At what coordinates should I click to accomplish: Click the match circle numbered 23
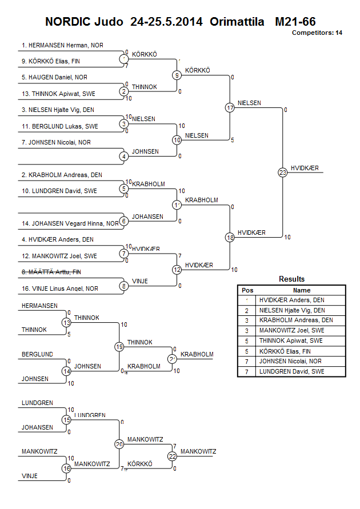point(282,172)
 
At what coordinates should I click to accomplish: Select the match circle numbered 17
point(230,107)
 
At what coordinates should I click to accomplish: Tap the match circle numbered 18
point(230,237)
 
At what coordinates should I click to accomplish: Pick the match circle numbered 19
point(119,346)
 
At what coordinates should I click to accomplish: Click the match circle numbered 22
point(172,456)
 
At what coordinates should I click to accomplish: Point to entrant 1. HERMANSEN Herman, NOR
point(63,45)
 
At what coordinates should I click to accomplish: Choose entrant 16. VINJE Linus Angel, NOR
point(60,289)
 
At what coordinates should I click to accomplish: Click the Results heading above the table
point(291,279)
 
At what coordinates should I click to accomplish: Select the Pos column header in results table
point(247,290)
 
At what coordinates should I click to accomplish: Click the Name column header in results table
point(302,290)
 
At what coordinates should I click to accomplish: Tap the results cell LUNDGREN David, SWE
point(291,371)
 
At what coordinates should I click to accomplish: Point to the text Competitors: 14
point(317,33)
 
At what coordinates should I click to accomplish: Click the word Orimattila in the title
point(237,22)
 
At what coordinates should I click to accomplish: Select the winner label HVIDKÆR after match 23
point(305,168)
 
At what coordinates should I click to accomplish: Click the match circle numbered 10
point(177,139)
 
